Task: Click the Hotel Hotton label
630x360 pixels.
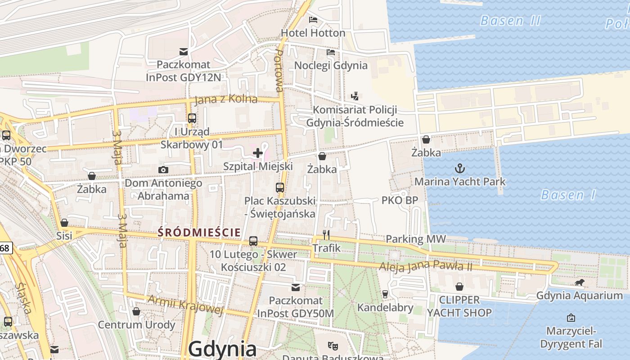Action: (x=313, y=33)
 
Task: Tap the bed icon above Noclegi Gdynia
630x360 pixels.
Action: (x=331, y=52)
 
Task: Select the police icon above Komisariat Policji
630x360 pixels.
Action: (x=355, y=96)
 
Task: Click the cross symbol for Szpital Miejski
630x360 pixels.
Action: (x=258, y=153)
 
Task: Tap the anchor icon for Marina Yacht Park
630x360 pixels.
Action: (x=459, y=169)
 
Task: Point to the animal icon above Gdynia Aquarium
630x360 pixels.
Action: (x=580, y=283)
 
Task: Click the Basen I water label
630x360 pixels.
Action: (x=568, y=195)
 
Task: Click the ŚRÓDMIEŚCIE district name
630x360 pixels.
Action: (x=198, y=232)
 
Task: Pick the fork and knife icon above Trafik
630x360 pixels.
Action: (x=327, y=235)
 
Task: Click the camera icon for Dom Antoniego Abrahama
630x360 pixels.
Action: (x=163, y=170)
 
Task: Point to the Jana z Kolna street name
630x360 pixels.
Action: (x=226, y=99)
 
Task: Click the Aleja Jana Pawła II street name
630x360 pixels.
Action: (x=425, y=266)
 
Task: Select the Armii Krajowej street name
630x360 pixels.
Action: (x=185, y=305)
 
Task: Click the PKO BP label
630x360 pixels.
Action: (x=400, y=200)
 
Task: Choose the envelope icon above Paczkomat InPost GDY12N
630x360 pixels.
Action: (x=184, y=51)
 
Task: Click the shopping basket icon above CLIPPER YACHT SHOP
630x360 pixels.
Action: (x=459, y=287)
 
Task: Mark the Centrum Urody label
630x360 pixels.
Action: (x=136, y=324)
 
